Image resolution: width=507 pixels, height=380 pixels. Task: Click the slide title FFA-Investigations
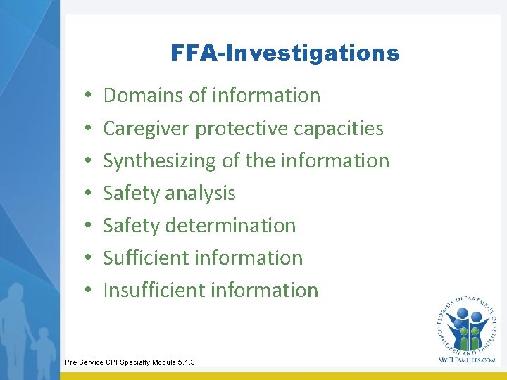point(284,53)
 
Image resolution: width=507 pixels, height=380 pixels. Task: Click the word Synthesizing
point(160,161)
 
